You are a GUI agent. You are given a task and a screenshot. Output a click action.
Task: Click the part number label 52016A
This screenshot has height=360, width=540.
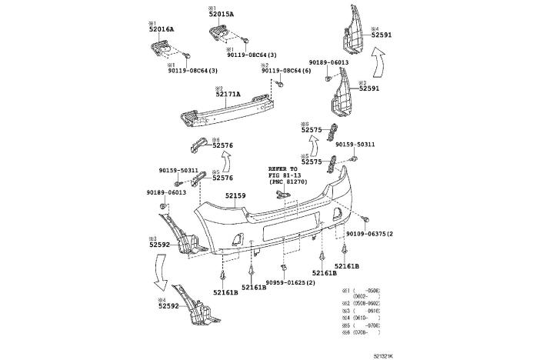[x=162, y=29]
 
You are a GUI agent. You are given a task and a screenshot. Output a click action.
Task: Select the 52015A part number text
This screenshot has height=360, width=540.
[x=222, y=15]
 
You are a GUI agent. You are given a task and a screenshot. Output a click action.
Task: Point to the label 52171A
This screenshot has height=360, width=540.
[x=228, y=95]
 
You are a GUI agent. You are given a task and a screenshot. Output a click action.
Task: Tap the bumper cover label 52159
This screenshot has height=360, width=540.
[x=235, y=196]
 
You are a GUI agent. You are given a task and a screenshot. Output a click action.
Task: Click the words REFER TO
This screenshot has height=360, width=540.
[x=282, y=168]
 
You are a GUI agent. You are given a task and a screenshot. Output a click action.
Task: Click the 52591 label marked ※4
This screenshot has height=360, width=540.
[x=382, y=35]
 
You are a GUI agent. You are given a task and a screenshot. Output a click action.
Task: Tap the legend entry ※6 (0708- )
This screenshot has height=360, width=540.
[x=362, y=333]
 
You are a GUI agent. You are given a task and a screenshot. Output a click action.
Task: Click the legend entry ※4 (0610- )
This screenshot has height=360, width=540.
[x=362, y=317]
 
